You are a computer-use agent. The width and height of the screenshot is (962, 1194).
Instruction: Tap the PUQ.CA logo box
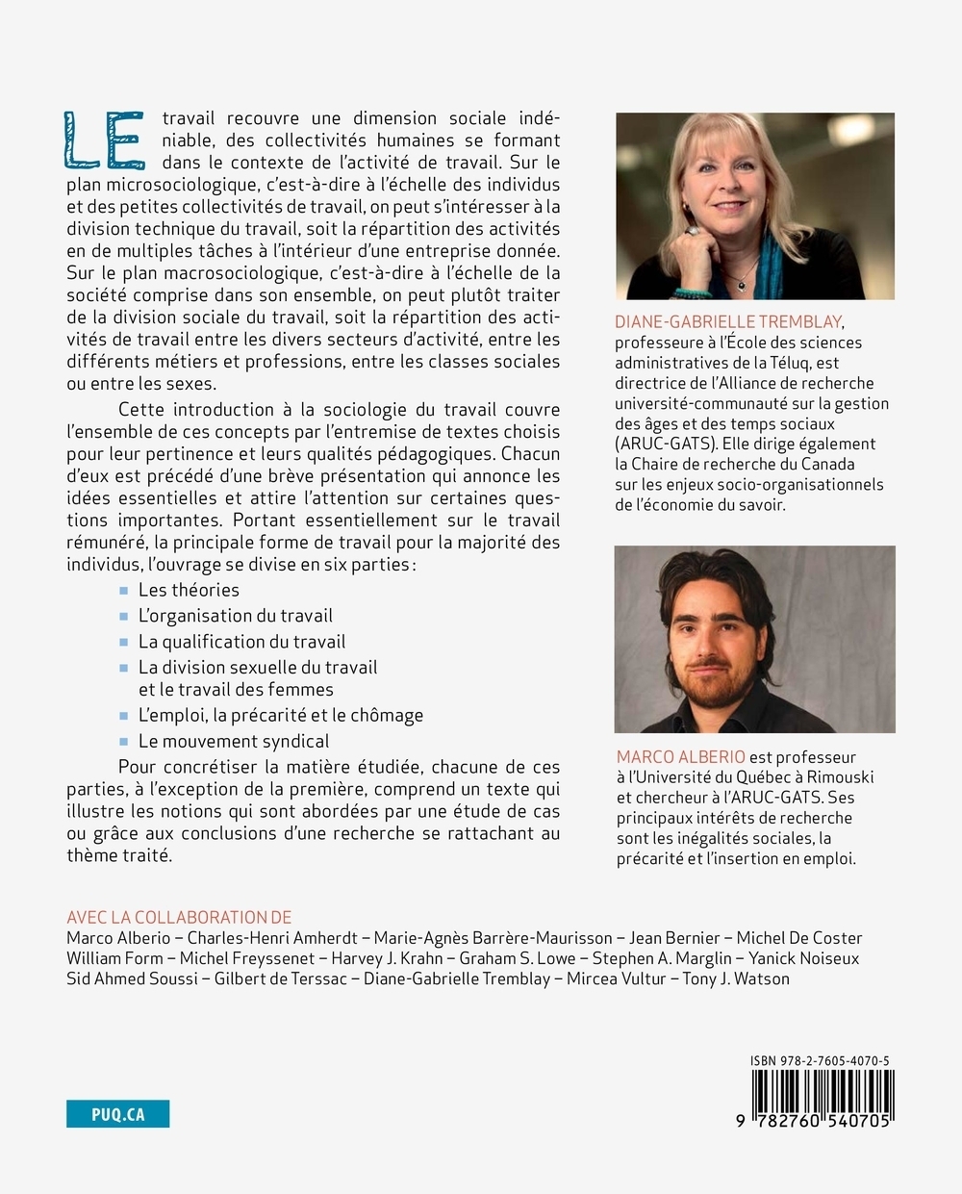tap(117, 1114)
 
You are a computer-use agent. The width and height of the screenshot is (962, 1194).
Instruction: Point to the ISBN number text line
tap(820, 1061)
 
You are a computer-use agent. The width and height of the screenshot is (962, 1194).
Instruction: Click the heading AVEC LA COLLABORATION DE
tap(179, 917)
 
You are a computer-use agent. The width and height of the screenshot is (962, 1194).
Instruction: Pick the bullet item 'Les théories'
tap(189, 590)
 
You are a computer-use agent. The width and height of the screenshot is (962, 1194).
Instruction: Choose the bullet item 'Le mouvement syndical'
tap(233, 741)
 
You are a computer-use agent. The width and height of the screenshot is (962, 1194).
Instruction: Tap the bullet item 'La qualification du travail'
tap(241, 642)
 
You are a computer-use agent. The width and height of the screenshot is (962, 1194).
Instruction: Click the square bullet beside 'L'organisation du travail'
tap(123, 617)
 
